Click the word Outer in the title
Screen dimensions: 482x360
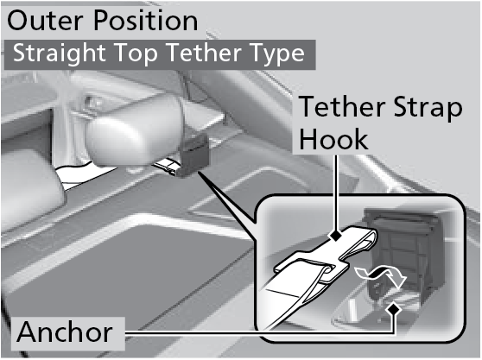click(x=45, y=21)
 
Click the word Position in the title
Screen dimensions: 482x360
click(x=145, y=21)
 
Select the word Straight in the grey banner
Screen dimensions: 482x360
click(x=60, y=54)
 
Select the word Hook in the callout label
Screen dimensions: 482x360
click(x=333, y=139)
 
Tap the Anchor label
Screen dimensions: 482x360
click(x=65, y=332)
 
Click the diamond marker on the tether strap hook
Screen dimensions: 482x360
click(x=336, y=236)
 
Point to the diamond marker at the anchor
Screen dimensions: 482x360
click(x=394, y=309)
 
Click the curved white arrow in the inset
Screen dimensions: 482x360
click(x=381, y=275)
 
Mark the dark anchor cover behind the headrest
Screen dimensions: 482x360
click(x=193, y=157)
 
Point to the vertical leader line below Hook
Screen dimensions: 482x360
click(x=336, y=193)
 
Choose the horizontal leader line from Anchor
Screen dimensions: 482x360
click(x=259, y=332)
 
